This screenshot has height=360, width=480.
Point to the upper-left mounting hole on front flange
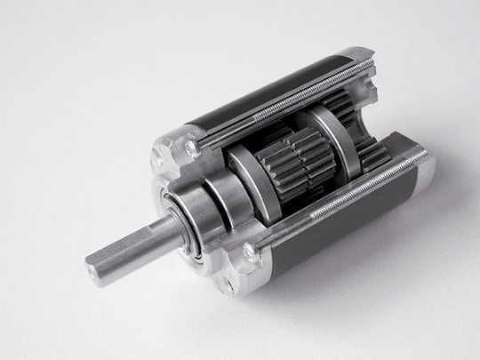(160, 160)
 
